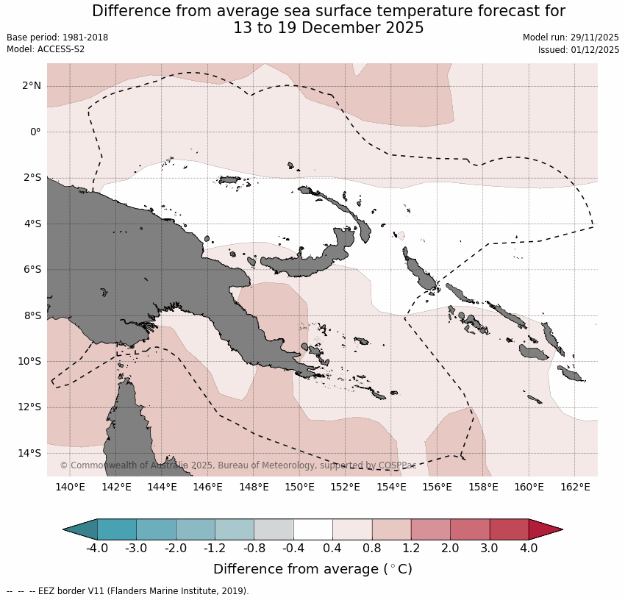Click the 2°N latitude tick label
31,86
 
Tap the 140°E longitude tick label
71,487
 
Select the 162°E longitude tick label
575,487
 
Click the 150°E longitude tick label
300,487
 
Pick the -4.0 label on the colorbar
97,549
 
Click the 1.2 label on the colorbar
410,549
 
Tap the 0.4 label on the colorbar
332,549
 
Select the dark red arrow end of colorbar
546,529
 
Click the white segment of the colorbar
312,529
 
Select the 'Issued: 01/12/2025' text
579,50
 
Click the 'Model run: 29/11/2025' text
571,37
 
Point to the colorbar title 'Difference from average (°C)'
312,569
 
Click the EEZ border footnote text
128,591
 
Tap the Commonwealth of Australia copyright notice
238,465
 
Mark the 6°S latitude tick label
31,270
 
